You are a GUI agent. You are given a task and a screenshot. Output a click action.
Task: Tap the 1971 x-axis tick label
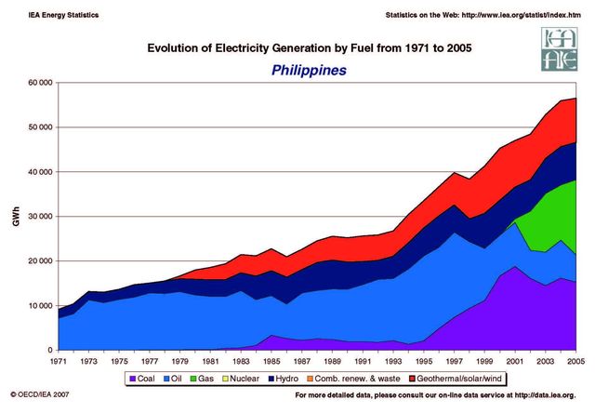58,361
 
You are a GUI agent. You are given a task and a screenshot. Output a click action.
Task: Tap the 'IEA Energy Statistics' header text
52,16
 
